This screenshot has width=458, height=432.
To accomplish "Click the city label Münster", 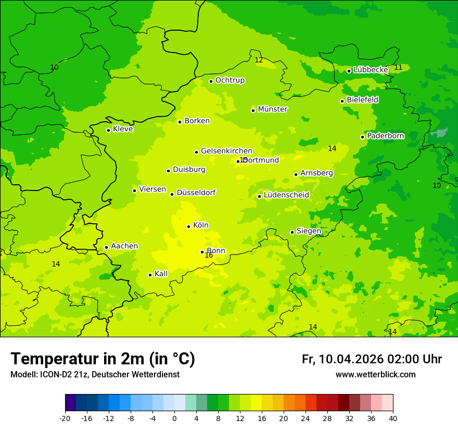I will (272, 109).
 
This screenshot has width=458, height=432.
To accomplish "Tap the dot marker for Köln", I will (189, 226).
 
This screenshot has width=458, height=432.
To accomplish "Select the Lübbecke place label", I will (371, 70).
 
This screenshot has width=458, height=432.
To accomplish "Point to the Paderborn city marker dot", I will (363, 137).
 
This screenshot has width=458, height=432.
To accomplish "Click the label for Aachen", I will (124, 246).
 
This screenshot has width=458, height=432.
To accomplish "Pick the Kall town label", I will (161, 274).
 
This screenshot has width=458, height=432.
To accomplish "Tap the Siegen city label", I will (309, 231).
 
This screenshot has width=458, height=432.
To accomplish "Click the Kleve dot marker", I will (108, 130).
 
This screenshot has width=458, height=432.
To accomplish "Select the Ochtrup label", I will (230, 80).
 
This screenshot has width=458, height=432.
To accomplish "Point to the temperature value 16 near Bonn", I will (209, 256).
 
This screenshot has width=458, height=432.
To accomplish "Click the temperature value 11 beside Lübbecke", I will (398, 68).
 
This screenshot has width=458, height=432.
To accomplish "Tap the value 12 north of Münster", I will (259, 60).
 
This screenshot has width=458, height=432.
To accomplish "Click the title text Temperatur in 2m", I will (103, 359).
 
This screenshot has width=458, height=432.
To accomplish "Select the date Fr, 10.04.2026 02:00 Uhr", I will (372, 360).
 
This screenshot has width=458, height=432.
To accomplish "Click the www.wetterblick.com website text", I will (375, 375).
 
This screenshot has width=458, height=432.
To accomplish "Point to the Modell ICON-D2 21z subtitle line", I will (95, 375).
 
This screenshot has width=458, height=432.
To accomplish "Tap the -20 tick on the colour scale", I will (65, 418).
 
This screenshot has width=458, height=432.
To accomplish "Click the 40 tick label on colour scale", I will (392, 418).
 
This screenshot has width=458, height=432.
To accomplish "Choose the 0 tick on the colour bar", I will (174, 418).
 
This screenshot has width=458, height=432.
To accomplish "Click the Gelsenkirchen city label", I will (226, 151).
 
